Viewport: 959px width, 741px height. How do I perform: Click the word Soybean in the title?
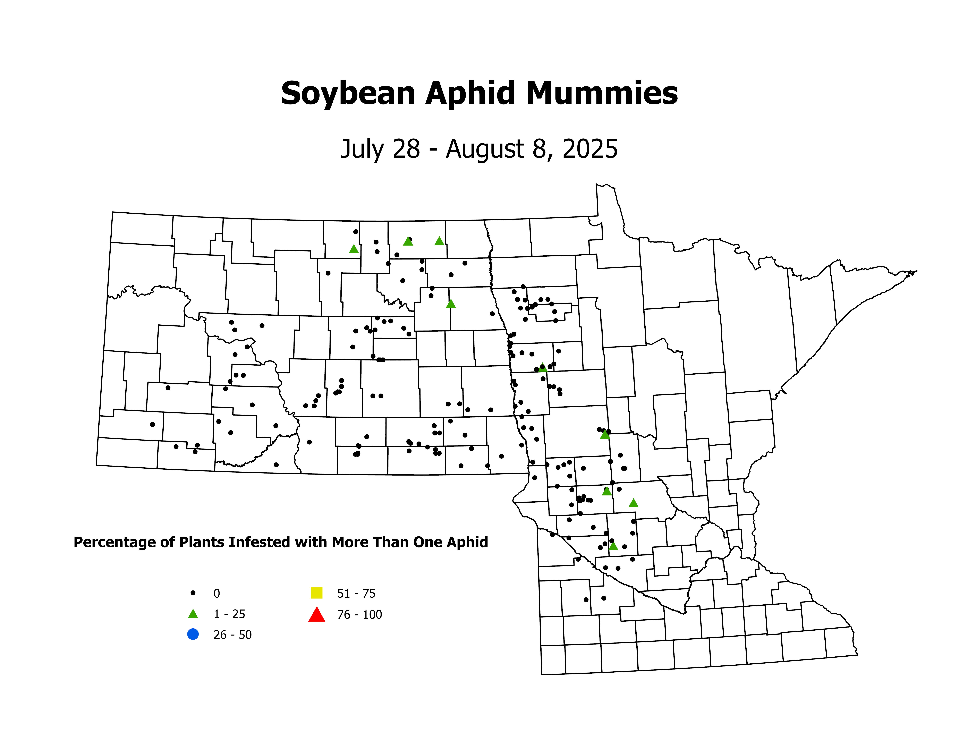[x=348, y=94]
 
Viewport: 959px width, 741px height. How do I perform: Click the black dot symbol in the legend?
[x=193, y=593]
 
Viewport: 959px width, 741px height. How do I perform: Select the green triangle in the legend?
[x=193, y=614]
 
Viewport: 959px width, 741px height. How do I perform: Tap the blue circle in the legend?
[x=193, y=634]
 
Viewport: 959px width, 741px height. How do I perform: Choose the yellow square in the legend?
[x=317, y=593]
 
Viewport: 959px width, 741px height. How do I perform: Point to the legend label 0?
[x=217, y=594]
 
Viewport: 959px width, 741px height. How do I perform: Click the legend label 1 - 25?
[x=229, y=614]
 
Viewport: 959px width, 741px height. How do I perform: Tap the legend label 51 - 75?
[x=356, y=594]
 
